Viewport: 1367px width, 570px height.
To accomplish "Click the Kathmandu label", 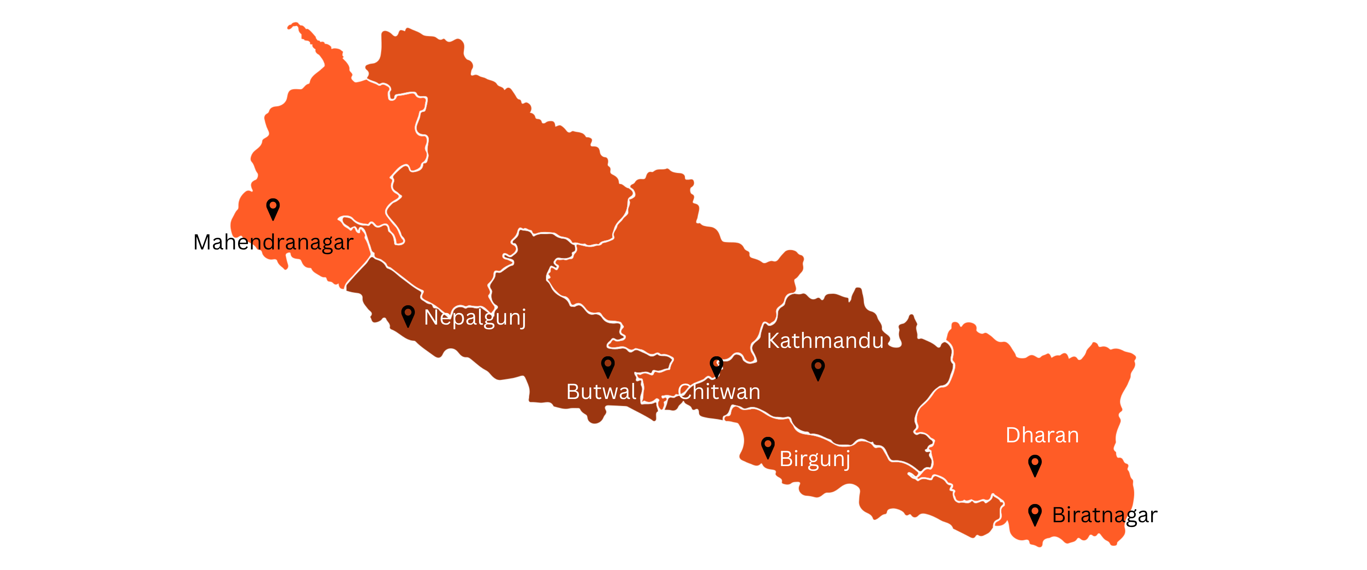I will (x=825, y=341).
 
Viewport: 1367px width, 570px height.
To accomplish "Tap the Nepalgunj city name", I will (x=475, y=317).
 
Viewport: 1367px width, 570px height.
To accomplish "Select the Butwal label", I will (x=601, y=392).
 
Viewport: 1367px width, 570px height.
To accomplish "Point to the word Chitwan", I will (x=720, y=392).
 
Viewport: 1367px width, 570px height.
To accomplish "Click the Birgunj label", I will (x=815, y=458).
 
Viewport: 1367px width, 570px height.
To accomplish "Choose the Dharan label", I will (x=1042, y=435).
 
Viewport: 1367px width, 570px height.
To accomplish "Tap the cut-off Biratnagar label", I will (x=1091, y=515).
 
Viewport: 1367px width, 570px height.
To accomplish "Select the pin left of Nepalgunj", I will (x=408, y=315).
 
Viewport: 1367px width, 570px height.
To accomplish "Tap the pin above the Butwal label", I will (x=608, y=366).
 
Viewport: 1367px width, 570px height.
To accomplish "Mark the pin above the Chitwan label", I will (x=716, y=366).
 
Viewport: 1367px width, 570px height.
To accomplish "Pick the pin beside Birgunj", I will (x=768, y=447).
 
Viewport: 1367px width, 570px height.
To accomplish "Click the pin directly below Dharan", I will (x=1035, y=465).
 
